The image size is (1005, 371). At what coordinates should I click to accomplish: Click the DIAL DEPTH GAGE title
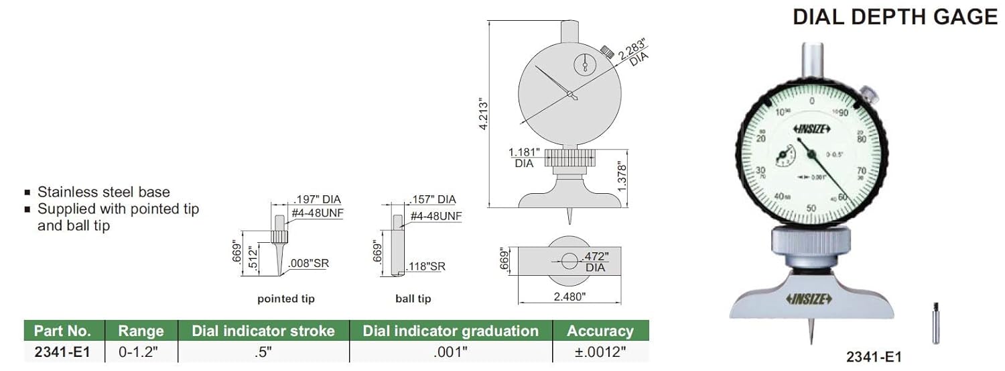tap(895, 17)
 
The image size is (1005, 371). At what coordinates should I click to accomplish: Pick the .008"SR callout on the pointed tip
tap(310, 264)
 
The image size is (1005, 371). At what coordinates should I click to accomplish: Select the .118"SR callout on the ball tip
tap(426, 266)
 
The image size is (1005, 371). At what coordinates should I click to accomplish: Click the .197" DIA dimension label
tap(317, 199)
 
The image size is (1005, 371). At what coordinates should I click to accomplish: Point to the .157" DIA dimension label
tap(431, 199)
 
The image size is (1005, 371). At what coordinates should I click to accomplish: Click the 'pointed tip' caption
tap(286, 299)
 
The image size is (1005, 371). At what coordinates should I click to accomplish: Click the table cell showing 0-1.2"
tap(139, 352)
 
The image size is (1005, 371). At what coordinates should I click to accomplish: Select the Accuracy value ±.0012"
tap(600, 352)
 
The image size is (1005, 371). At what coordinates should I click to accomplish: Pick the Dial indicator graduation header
tap(450, 330)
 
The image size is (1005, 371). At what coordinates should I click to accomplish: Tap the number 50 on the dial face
tap(811, 208)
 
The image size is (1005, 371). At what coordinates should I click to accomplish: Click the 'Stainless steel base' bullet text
tap(103, 192)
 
